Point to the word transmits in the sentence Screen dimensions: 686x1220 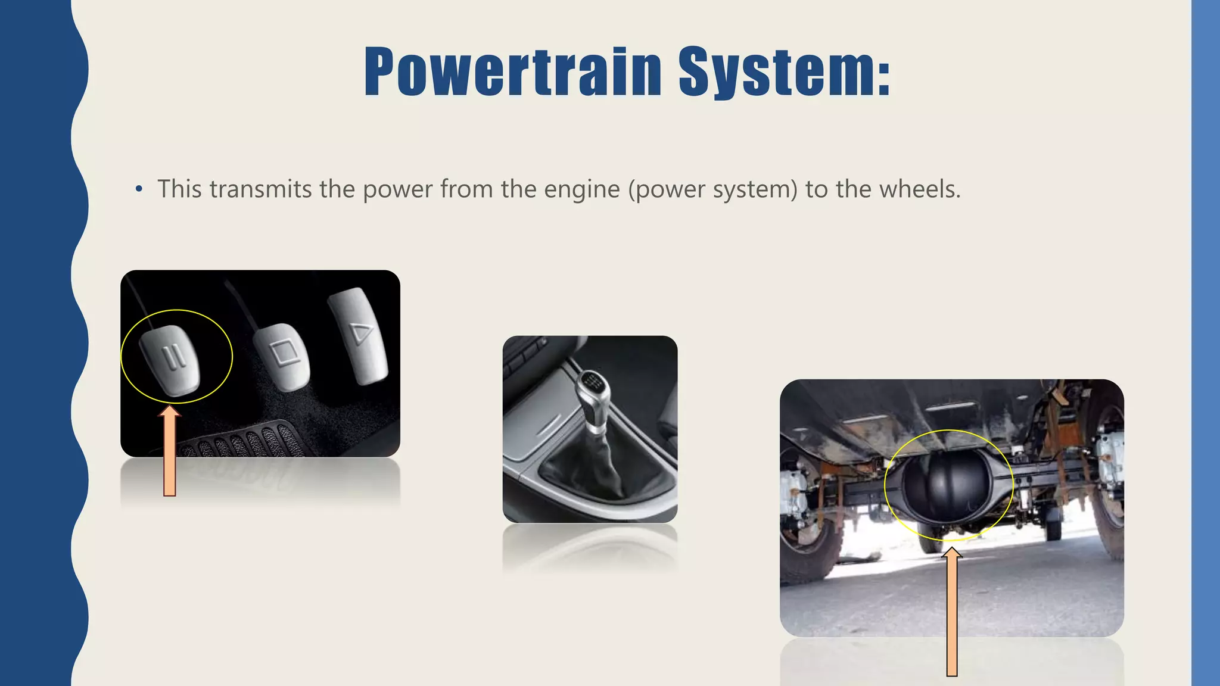261,189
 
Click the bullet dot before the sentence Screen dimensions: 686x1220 139,190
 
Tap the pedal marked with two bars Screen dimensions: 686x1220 170,359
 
